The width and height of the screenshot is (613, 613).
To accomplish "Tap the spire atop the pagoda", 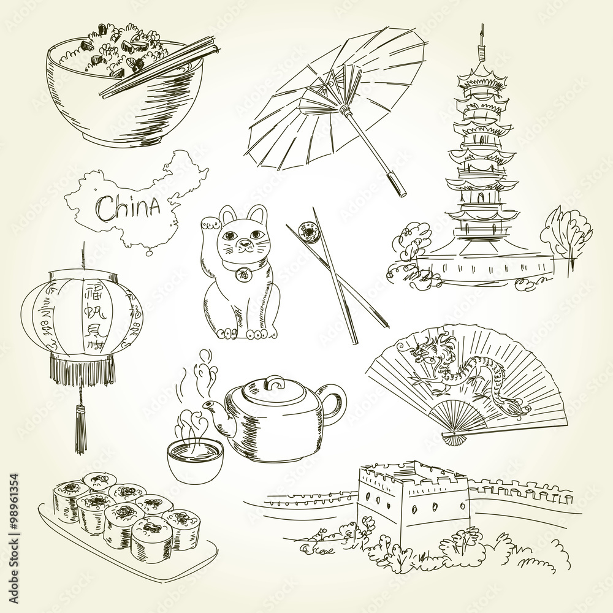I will (482, 46).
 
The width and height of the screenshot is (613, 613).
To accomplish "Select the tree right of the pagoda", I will (567, 233).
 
